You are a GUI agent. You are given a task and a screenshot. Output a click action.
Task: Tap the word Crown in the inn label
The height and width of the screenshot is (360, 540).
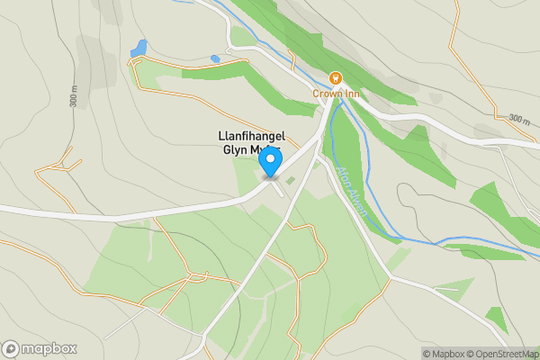tap(325, 92)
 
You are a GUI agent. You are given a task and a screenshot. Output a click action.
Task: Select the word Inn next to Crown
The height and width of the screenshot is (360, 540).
tap(351, 92)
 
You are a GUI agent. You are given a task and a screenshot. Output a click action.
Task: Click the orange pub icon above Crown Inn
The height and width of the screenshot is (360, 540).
tap(336, 77)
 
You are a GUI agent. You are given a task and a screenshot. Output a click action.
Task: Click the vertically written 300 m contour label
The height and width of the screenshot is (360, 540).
tap(73, 97)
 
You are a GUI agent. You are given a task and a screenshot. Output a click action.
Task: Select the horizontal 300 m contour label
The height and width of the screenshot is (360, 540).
tap(519, 118)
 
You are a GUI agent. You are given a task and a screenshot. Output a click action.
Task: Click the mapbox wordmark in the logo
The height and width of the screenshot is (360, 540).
tap(49, 348)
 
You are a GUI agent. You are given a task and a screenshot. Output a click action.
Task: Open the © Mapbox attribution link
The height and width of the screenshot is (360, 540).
tap(446, 353)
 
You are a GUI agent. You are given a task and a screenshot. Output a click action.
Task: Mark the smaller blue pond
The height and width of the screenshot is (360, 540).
tap(215, 59)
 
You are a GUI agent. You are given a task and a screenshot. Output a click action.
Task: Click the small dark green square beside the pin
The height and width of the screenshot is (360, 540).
tap(290, 180)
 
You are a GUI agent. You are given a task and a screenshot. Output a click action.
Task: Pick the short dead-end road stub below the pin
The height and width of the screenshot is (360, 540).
tap(279, 190)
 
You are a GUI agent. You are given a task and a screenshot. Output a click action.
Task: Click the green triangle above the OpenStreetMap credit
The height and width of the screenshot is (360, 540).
tap(495, 318)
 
